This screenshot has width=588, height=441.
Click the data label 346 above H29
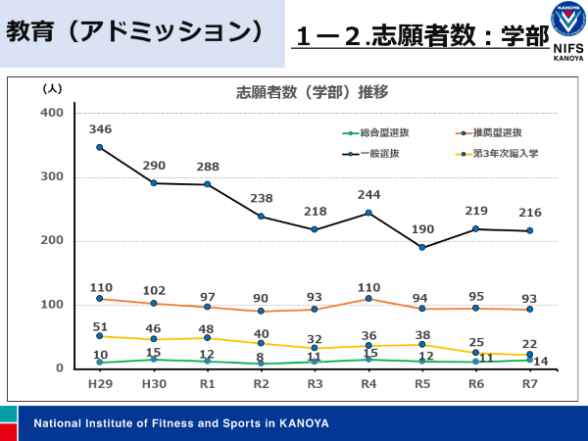click(x=100, y=129)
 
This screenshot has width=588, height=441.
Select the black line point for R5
click(x=422, y=247)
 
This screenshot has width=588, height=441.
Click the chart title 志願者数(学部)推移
click(x=312, y=93)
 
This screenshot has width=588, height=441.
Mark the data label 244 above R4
click(x=368, y=194)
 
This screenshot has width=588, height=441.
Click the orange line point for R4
click(x=368, y=298)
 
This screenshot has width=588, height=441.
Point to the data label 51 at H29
click(x=100, y=327)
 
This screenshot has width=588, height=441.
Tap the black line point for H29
click(x=100, y=147)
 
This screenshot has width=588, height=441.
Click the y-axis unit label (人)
click(x=53, y=88)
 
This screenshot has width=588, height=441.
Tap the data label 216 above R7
click(x=530, y=213)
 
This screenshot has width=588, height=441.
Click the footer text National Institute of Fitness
click(x=181, y=423)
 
